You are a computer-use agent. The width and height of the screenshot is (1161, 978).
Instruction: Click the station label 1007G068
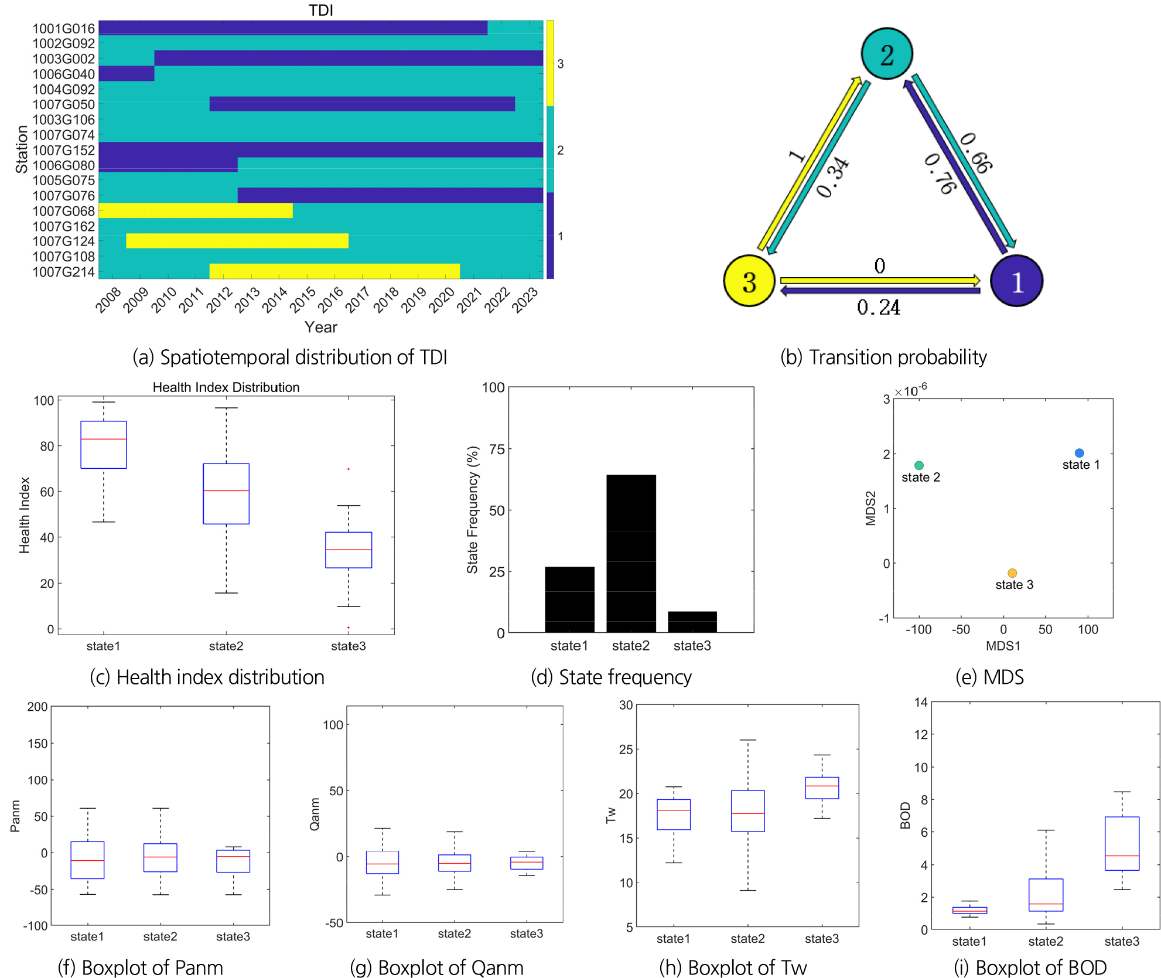63,211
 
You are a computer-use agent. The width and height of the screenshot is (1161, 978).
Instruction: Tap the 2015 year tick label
303,299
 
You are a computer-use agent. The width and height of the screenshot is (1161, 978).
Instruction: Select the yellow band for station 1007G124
237,241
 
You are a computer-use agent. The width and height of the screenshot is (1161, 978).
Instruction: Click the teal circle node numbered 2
886,54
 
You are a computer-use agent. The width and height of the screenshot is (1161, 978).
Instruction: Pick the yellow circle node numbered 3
749,281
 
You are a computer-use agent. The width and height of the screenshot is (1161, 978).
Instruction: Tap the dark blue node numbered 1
1016,281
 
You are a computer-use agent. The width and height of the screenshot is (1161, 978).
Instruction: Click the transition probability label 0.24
878,307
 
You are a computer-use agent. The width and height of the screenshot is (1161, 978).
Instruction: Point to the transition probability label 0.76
940,174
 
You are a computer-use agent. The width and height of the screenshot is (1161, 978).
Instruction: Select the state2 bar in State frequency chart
631,553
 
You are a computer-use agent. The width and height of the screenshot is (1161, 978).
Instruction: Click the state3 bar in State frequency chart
692,622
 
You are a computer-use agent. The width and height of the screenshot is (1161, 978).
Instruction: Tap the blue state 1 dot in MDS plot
1079,453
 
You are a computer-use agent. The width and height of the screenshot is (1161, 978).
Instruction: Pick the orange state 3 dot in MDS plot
1012,573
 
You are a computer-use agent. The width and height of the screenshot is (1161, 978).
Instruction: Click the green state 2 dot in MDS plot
919,465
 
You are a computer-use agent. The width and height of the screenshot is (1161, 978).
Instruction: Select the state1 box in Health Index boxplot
104,445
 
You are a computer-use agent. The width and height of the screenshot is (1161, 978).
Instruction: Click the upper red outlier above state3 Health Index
349,469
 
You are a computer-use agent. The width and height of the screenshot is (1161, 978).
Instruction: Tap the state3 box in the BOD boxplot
1122,843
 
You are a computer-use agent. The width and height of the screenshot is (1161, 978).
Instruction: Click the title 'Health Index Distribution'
226,387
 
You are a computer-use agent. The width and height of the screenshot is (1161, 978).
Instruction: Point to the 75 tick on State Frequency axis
497,449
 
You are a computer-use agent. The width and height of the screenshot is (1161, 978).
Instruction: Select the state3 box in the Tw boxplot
822,788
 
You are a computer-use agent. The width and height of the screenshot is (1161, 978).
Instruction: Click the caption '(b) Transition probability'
883,357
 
